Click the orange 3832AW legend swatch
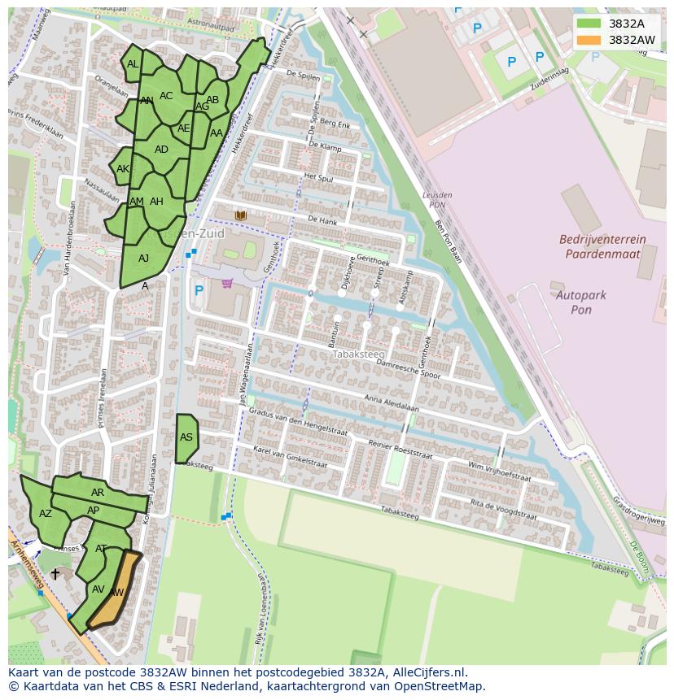point(589,40)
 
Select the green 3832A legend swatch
point(589,24)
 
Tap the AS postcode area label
point(186,437)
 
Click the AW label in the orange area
point(116,593)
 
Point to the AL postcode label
point(133,64)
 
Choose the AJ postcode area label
point(143,259)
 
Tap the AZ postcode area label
point(46,514)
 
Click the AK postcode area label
point(123,169)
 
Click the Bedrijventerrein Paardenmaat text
point(602,246)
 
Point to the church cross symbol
point(55,574)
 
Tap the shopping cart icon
point(227,284)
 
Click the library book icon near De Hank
point(240,215)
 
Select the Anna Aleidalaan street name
point(392,404)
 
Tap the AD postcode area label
point(161,150)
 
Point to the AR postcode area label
point(98,493)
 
